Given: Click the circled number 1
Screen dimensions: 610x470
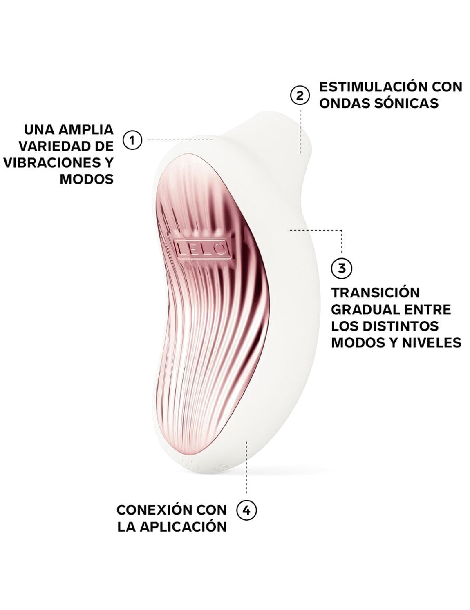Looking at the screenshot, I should click(132, 140).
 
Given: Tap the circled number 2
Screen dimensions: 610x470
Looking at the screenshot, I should click(300, 96).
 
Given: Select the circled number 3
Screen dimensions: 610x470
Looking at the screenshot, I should click(341, 268).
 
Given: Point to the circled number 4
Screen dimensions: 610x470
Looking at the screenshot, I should click(246, 510).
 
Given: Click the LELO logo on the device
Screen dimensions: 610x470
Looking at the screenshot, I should click(201, 248).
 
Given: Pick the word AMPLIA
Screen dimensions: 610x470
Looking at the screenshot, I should click(86, 130).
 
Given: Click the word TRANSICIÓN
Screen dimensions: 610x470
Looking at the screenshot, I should click(375, 293).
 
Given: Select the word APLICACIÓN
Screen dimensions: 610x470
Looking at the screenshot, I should click(186, 527).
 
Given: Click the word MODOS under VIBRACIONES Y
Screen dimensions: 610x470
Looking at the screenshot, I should click(87, 179).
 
